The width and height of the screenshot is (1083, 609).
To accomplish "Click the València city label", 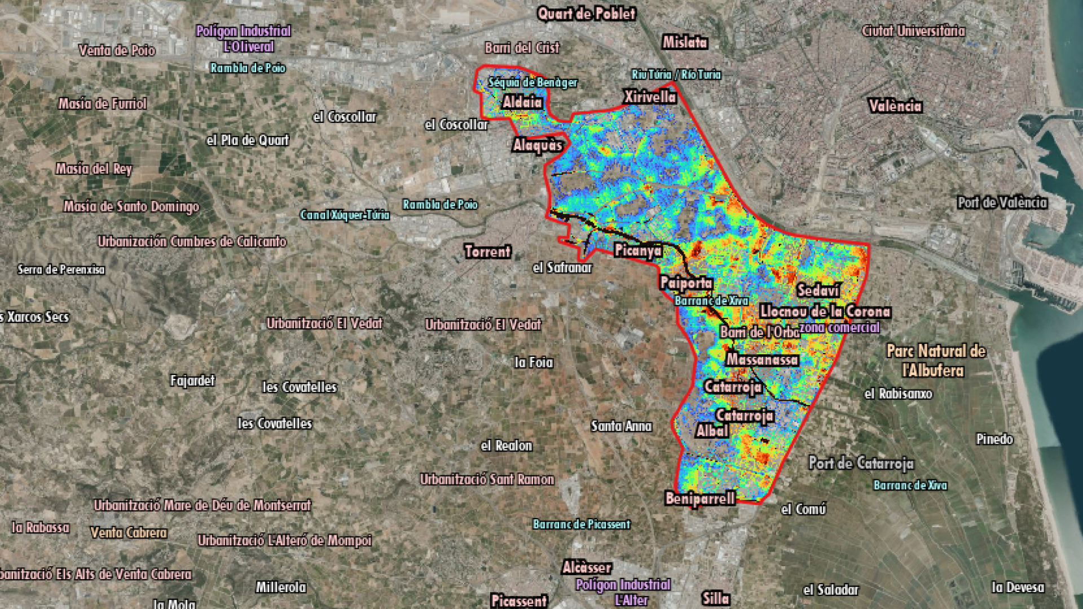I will [x=895, y=106].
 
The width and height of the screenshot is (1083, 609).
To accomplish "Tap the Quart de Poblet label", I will [x=586, y=14].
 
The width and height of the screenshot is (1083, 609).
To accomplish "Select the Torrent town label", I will [x=487, y=251].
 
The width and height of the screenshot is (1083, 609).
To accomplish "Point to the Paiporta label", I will [x=686, y=283].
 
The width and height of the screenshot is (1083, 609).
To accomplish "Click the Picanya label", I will [x=638, y=250].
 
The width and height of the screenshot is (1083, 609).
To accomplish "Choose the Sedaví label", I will [x=818, y=290].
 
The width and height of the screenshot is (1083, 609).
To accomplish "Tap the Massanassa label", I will [x=762, y=359].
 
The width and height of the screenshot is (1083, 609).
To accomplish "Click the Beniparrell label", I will [x=700, y=498].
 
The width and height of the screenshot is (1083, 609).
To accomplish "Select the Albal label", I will [x=712, y=431].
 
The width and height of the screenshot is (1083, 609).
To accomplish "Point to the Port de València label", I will [x=1002, y=202].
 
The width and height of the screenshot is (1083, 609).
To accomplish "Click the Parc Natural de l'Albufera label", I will [x=936, y=361].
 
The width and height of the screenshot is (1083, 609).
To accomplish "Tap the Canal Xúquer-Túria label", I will [x=345, y=215].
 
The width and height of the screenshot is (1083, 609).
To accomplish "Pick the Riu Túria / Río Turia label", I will [x=676, y=74].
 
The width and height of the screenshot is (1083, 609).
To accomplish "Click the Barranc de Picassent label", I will [x=582, y=524].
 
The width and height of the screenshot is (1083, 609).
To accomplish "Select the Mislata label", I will [x=685, y=42].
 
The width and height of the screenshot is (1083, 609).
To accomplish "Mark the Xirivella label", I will [x=649, y=97].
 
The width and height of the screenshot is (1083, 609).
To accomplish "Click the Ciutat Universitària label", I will [x=913, y=31].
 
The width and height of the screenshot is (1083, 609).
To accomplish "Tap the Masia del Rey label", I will [x=94, y=169].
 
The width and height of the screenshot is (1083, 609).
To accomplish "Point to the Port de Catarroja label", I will [x=861, y=464].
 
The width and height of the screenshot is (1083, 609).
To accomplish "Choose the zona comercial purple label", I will [x=839, y=328].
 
